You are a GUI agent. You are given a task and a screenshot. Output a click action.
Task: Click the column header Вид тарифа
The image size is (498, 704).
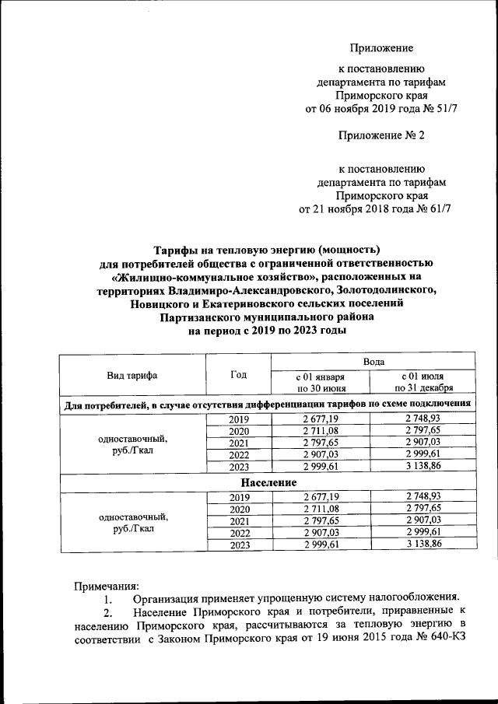[132, 375]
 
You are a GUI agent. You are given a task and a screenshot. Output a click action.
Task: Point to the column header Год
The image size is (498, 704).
[238, 375]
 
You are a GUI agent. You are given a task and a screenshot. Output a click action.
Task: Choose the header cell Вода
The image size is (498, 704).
[372, 363]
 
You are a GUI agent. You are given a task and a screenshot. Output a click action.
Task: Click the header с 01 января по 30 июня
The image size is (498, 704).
[320, 381]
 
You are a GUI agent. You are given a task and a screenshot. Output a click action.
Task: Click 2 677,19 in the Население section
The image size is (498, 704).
[320, 496]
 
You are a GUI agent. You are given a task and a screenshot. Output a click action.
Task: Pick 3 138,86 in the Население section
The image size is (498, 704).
[423, 545]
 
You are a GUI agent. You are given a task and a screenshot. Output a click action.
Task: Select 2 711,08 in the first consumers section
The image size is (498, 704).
[320, 432]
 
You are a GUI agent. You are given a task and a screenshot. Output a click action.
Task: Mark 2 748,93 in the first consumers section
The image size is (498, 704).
[423, 419]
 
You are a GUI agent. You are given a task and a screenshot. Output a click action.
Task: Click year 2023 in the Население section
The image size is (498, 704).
[238, 545]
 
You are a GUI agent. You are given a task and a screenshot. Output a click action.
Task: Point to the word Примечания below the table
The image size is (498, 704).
[107, 584]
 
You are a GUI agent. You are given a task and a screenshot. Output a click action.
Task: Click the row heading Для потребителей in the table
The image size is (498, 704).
[106, 404]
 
